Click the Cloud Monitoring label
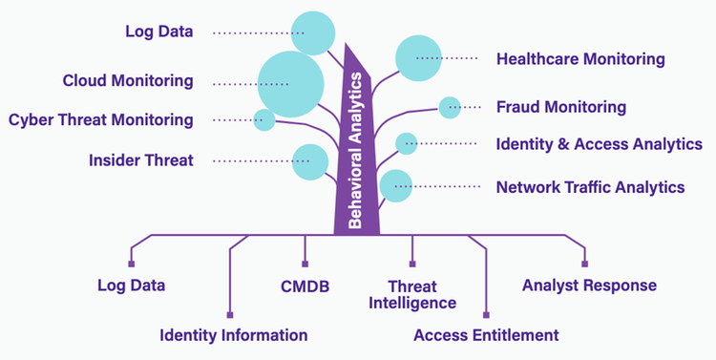(128, 80)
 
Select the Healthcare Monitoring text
(580, 59)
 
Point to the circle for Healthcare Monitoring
(419, 58)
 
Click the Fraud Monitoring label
(561, 107)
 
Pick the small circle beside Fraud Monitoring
(449, 107)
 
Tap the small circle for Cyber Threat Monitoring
(264, 120)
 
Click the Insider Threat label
(141, 160)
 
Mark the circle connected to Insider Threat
(310, 160)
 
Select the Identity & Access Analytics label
(599, 144)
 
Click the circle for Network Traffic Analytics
(395, 185)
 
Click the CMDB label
(305, 286)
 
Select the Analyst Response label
(589, 286)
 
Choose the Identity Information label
(233, 335)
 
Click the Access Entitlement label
(486, 335)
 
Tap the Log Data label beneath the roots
(132, 286)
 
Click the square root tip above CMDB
(305, 265)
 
